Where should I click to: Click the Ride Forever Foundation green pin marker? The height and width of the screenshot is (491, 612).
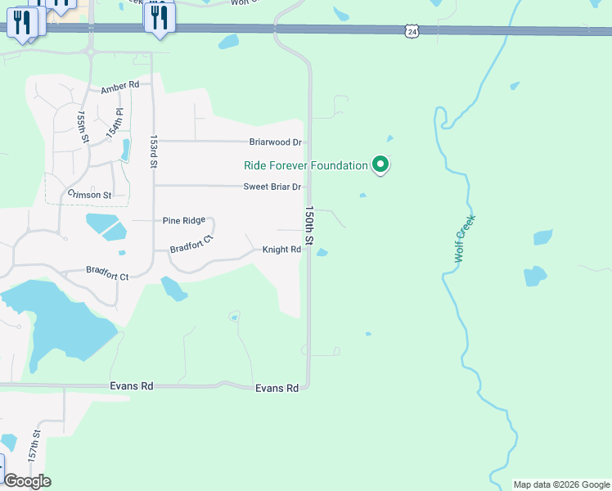(380, 165)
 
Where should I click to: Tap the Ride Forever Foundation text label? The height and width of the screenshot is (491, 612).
(306, 165)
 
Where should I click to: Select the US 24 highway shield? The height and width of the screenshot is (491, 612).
(412, 31)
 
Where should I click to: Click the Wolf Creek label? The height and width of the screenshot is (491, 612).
(464, 238)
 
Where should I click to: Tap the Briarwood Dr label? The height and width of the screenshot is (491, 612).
(276, 142)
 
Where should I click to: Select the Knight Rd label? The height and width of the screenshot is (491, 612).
(281, 250)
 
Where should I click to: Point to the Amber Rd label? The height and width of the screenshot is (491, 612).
(120, 86)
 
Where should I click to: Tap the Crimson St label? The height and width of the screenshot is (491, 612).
(88, 195)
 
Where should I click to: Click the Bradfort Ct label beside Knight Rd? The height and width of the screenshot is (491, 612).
(191, 244)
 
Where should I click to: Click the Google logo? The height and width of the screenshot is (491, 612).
(27, 481)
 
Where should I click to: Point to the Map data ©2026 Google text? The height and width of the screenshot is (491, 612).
(561, 484)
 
